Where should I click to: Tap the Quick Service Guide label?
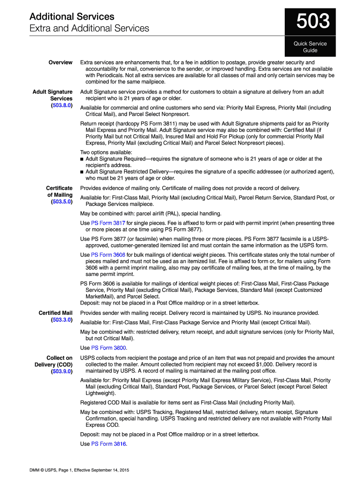(x=310, y=47)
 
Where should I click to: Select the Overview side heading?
(x=60, y=62)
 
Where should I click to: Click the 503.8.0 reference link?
(x=62, y=106)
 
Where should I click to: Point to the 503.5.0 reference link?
(x=62, y=202)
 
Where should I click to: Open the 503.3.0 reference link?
(x=62, y=320)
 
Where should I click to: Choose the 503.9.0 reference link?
(x=62, y=372)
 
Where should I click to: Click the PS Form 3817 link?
(x=108, y=223)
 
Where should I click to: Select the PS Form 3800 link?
(x=108, y=348)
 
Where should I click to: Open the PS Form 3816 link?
(x=108, y=444)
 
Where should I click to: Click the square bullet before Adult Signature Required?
(x=82, y=159)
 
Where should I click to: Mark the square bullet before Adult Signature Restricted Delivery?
(x=82, y=172)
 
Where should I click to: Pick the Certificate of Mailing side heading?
(x=59, y=191)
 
